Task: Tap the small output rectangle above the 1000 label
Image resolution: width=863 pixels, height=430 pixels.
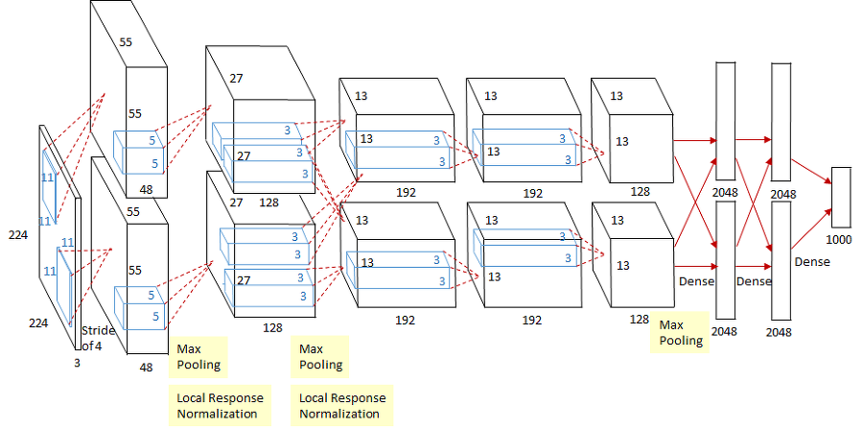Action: point(841,197)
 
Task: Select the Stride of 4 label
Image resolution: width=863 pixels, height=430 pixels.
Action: point(97,338)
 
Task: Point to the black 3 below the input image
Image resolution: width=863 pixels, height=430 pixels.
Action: point(78,364)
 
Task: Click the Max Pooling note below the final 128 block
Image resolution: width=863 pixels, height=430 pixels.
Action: point(681,333)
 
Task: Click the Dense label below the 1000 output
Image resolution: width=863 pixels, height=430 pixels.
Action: point(813,261)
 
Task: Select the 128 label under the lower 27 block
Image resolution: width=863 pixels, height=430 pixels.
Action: point(272,326)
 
